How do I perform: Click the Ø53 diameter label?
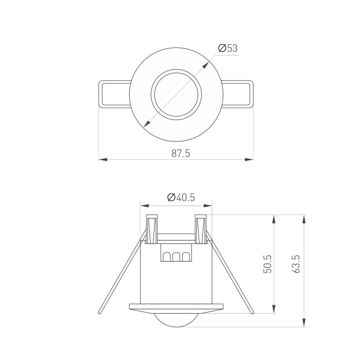[x=228, y=48]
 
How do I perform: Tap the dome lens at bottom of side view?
[x=176, y=320]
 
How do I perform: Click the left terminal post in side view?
[x=151, y=229]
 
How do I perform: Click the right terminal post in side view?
[x=201, y=229]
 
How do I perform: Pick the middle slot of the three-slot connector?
[x=176, y=256]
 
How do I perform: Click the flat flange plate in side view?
[x=176, y=307]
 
